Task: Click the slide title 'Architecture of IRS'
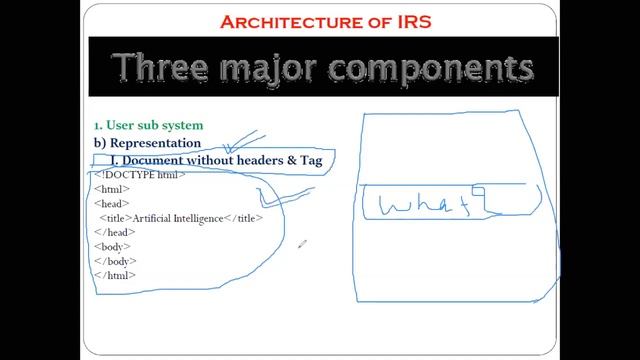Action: (x=319, y=21)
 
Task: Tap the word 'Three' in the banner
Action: (x=165, y=67)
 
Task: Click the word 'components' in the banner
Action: (x=446, y=67)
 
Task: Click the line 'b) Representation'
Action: (x=147, y=143)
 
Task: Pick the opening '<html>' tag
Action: (x=110, y=189)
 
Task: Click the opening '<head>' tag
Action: (x=110, y=203)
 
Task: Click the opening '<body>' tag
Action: (x=111, y=246)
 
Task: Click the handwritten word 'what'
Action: (x=425, y=204)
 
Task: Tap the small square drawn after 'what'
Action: (x=478, y=191)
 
